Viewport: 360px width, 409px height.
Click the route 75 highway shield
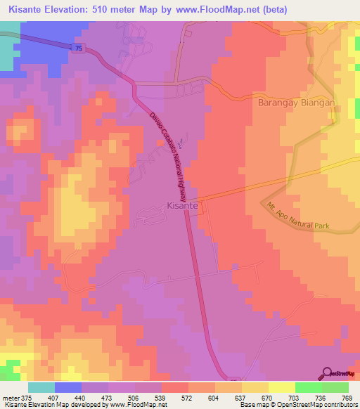[x=76, y=47]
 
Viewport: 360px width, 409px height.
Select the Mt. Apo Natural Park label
[x=298, y=219]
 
